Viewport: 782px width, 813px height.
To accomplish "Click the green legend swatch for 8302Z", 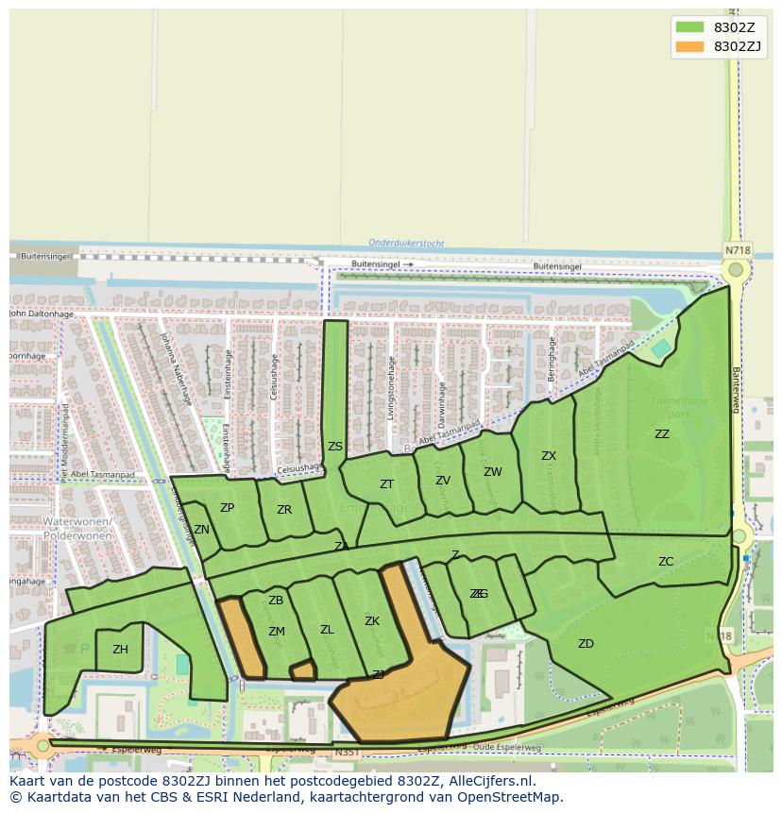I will pos(689,26).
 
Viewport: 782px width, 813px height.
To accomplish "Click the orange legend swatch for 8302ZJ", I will pos(689,46).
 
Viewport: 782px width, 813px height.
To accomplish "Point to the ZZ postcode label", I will pos(662,434).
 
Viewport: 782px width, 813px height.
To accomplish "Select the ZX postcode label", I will pos(549,456).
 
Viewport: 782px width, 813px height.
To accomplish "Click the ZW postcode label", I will pos(493,472).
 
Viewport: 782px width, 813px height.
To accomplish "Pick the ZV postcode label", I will pos(443,481).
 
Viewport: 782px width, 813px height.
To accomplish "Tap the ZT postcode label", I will pos(386,484).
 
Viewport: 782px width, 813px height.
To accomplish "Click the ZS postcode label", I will pos(335,447).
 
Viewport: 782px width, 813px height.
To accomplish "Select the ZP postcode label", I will pos(227,508).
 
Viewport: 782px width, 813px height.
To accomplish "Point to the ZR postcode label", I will pos(284,510).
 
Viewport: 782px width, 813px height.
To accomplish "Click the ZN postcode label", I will pos(201,530).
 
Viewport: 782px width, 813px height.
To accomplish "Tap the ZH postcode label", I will pos(120,650).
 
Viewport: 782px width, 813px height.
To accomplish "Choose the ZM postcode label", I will pos(277,632).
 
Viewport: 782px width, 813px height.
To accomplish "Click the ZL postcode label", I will pos(327,630).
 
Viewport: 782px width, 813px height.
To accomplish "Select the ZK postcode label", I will pos(372,621).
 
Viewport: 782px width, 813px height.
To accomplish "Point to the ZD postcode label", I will pos(586,644).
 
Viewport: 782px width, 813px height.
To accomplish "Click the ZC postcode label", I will pos(666,562).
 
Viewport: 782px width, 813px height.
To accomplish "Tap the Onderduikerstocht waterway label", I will pos(406,243).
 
